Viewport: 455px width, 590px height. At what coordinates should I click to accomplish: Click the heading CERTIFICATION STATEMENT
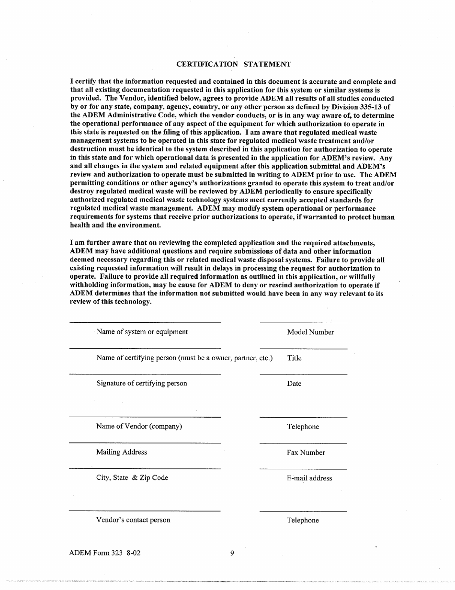click(x=233, y=64)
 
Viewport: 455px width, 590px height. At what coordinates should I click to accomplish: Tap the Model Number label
click(x=310, y=332)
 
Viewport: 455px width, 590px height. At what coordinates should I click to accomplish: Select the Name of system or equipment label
click(x=142, y=332)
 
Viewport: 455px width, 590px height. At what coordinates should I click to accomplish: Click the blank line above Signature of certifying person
click(x=145, y=374)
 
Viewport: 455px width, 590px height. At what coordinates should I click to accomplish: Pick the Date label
click(x=294, y=384)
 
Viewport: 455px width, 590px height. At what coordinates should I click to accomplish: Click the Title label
click(x=294, y=358)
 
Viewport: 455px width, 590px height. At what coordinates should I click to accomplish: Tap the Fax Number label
click(x=306, y=453)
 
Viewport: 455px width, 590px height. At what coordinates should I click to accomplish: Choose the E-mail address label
click(x=309, y=478)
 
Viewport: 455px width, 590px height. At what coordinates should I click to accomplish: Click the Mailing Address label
click(x=122, y=452)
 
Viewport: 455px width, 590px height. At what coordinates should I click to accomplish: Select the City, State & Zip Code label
click(x=132, y=477)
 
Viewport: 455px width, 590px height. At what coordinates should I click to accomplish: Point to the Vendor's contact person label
click(x=133, y=520)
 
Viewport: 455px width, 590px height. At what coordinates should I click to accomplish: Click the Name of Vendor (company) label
click(x=139, y=426)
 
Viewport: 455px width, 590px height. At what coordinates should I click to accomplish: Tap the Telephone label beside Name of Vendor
click(x=303, y=427)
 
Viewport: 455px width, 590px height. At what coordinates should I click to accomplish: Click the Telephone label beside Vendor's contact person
click(x=303, y=521)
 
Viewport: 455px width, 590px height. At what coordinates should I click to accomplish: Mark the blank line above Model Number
click(x=303, y=323)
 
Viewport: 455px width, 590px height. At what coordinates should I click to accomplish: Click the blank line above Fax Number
click(x=303, y=443)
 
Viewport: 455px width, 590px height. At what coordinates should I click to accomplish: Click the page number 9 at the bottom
click(x=232, y=553)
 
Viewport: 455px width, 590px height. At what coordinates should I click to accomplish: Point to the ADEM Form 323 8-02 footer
click(x=105, y=553)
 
